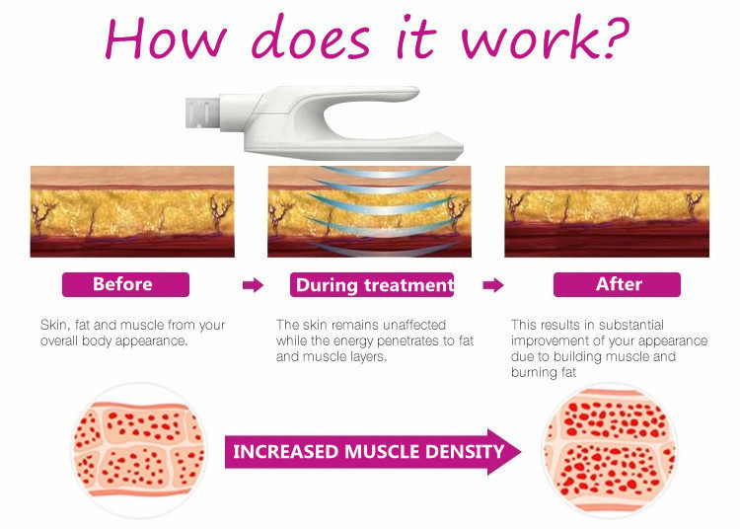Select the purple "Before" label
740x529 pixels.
(125, 284)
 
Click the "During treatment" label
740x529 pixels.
(372, 284)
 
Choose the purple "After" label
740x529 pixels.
(617, 284)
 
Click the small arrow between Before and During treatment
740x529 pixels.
(253, 285)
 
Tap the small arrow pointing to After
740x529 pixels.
(493, 285)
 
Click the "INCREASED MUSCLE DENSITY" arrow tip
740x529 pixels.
(520, 452)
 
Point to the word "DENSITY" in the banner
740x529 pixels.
(465, 452)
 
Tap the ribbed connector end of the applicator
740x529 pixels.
(202, 113)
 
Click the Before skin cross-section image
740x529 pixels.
(132, 211)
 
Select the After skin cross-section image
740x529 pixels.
(607, 211)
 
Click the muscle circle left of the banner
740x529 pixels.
(139, 450)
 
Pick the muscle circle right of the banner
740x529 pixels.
(610, 450)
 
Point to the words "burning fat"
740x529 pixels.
(544, 373)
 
